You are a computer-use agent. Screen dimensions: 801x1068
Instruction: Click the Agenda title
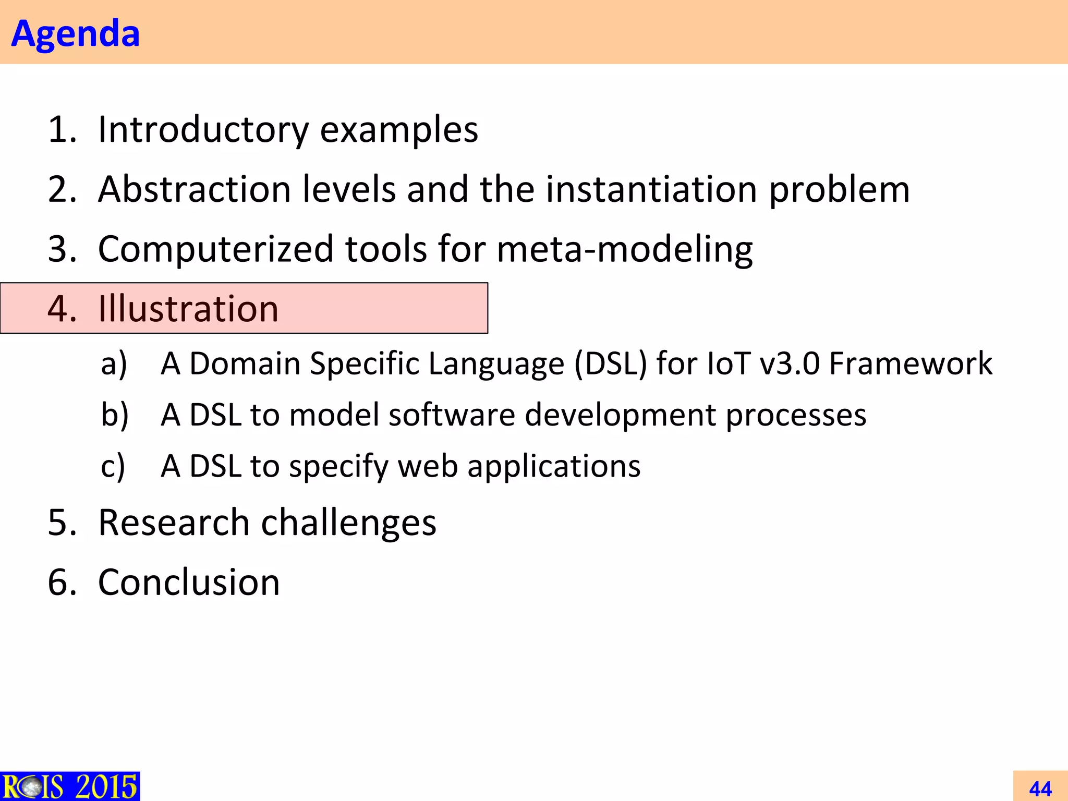(76, 33)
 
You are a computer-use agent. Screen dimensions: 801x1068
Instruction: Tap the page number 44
(1040, 788)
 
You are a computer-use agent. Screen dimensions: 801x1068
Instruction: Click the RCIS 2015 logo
(70, 786)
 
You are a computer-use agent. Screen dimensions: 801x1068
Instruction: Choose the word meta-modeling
(624, 249)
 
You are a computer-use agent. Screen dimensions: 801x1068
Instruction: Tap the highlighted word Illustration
(188, 309)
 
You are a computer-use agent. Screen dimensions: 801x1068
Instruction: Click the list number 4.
(62, 309)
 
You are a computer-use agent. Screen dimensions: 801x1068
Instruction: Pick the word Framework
(911, 363)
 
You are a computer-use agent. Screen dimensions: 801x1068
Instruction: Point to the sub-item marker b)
(114, 415)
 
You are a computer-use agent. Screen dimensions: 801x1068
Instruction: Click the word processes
(796, 415)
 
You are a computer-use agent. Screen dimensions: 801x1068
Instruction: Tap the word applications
(553, 466)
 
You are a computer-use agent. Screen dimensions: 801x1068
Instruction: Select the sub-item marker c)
(113, 466)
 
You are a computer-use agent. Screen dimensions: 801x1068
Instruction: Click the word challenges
(348, 523)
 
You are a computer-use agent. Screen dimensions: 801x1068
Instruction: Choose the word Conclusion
(189, 582)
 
